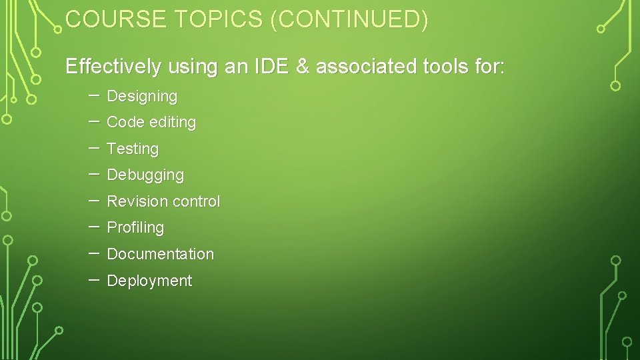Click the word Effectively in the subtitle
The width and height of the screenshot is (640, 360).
point(113,67)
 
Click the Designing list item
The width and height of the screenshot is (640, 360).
point(142,97)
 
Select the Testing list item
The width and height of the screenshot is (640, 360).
point(133,149)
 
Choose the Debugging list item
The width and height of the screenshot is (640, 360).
point(145,175)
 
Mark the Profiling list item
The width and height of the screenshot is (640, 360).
point(135,228)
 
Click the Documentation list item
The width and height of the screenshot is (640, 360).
point(160,254)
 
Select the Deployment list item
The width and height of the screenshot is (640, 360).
point(149,281)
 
